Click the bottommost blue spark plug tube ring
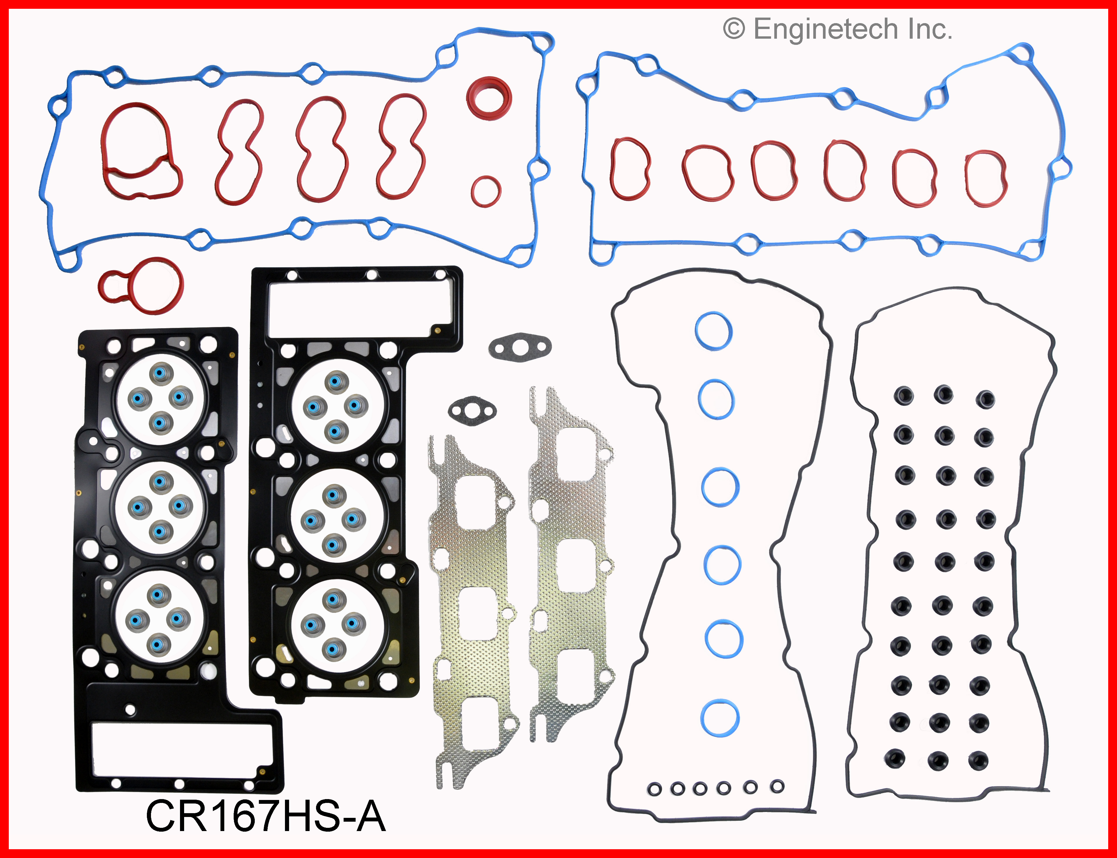[719, 718]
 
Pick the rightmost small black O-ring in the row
[777, 786]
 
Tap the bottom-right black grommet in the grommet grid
[978, 760]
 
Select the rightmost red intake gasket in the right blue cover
[986, 178]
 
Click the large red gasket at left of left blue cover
[140, 151]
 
